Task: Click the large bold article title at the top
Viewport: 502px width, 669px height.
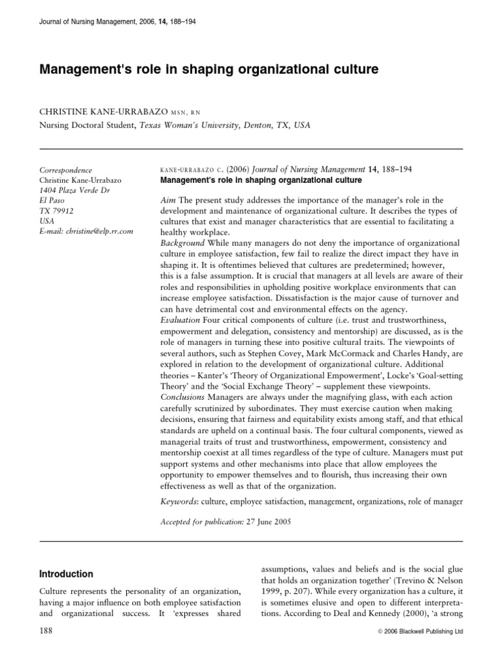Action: pos(209,69)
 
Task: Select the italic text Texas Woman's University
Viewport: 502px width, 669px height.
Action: pos(192,127)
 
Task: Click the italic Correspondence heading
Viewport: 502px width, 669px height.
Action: pos(66,170)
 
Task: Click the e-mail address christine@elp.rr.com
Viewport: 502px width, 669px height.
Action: pos(87,231)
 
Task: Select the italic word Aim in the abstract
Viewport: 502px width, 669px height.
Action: pos(167,199)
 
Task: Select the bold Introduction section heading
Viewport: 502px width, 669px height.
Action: pos(67,574)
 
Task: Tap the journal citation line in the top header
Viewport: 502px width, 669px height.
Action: pos(118,22)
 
